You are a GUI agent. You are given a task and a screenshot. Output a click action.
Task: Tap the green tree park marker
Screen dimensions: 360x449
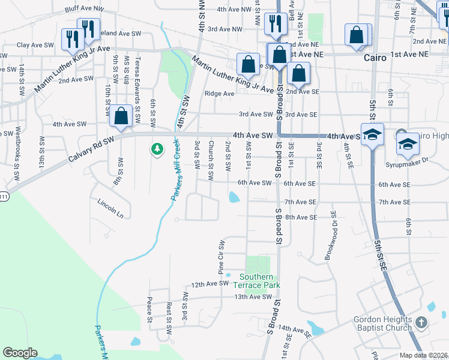click(157, 148)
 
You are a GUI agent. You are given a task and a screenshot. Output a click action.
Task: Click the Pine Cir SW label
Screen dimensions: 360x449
click(221, 256)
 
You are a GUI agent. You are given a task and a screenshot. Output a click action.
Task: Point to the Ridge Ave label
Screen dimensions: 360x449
click(219, 94)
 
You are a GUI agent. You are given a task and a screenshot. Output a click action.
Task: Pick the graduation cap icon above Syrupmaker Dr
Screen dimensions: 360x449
click(408, 144)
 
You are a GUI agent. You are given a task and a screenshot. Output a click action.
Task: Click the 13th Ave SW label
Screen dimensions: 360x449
click(253, 297)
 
